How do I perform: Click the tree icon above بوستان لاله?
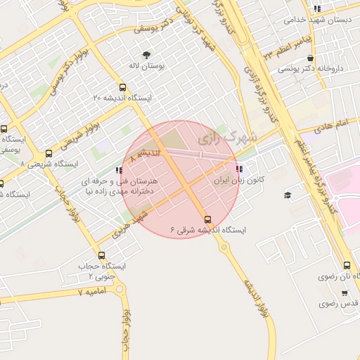(x=146, y=55)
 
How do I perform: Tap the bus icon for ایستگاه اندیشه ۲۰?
(x=123, y=88)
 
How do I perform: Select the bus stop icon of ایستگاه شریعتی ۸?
(x=49, y=153)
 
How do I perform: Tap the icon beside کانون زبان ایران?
(x=240, y=169)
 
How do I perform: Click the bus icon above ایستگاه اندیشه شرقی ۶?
(x=207, y=218)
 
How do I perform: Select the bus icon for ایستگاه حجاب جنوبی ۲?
(x=102, y=255)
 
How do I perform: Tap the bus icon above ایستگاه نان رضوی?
(x=347, y=265)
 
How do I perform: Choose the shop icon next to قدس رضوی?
(x=345, y=292)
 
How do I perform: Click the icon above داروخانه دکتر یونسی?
(x=310, y=58)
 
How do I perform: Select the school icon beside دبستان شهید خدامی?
(x=318, y=9)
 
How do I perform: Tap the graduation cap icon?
(x=288, y=195)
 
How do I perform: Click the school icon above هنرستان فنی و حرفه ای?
(x=119, y=170)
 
